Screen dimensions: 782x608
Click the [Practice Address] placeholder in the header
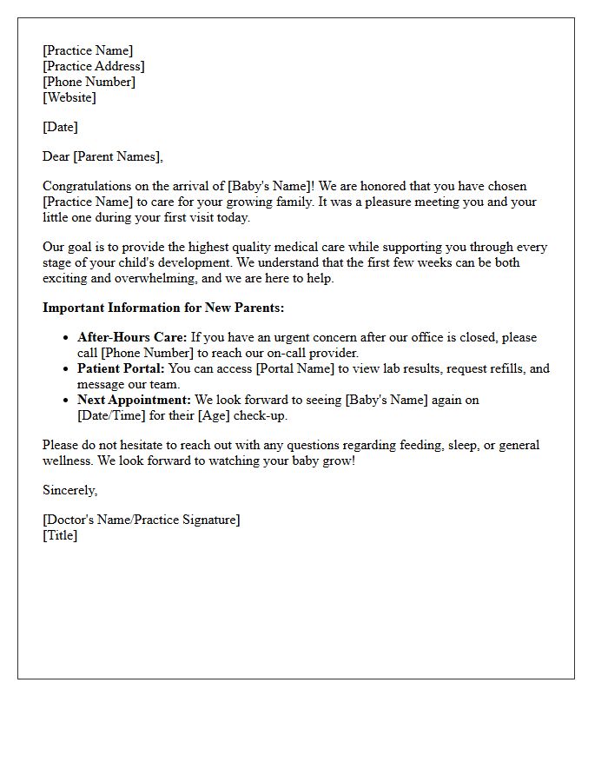[x=94, y=66]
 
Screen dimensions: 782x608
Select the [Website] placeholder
[x=69, y=97]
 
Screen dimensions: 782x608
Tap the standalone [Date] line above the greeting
[x=60, y=127]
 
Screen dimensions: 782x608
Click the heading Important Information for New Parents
[x=163, y=308]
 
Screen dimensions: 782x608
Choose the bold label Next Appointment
[x=134, y=400]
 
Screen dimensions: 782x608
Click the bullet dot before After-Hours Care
[x=66, y=337]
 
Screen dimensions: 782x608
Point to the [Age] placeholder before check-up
[x=217, y=415]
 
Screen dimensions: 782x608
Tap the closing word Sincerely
[x=69, y=490]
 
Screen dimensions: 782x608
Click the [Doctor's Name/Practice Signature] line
[x=142, y=520]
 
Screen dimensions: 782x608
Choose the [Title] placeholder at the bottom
[x=60, y=535]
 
